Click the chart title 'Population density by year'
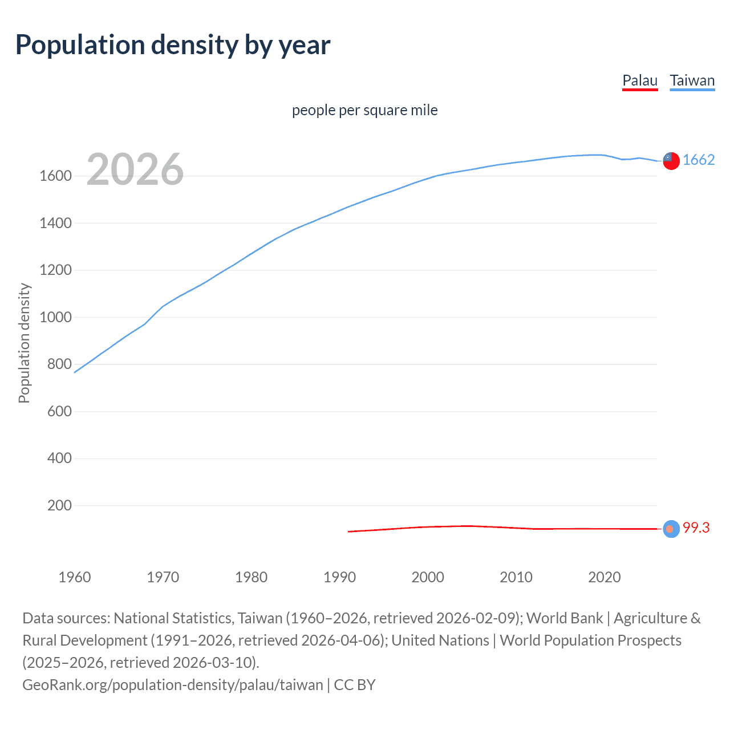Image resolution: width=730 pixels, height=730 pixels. click(x=173, y=45)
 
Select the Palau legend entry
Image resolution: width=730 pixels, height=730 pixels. click(x=640, y=80)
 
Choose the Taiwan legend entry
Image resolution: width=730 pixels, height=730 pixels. click(x=692, y=80)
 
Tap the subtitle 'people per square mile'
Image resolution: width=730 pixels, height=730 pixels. click(x=364, y=110)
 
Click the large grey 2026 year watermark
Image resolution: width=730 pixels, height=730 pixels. click(x=135, y=169)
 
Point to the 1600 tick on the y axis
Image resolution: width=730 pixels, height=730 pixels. click(x=55, y=176)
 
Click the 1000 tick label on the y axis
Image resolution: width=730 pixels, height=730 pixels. click(x=55, y=317)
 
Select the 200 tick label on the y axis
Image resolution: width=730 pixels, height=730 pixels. click(x=59, y=506)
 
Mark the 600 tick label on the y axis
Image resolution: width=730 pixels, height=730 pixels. click(x=59, y=411)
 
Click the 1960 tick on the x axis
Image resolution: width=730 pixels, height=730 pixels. click(x=75, y=577)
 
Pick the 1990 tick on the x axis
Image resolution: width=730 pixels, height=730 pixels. click(x=339, y=577)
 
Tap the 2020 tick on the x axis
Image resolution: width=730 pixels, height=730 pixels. click(x=604, y=577)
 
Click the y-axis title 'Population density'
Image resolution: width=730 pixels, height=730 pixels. click(x=24, y=343)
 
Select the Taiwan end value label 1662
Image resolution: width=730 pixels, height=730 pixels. click(x=698, y=160)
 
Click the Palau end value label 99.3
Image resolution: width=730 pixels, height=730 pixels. click(x=696, y=528)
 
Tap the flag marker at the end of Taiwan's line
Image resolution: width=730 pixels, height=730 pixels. click(x=671, y=161)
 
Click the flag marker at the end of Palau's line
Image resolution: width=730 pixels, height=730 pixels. click(x=671, y=529)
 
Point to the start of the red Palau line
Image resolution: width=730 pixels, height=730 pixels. click(x=348, y=532)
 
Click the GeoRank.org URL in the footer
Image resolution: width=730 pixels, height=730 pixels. click(x=172, y=684)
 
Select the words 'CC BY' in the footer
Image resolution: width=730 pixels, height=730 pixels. click(x=354, y=684)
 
